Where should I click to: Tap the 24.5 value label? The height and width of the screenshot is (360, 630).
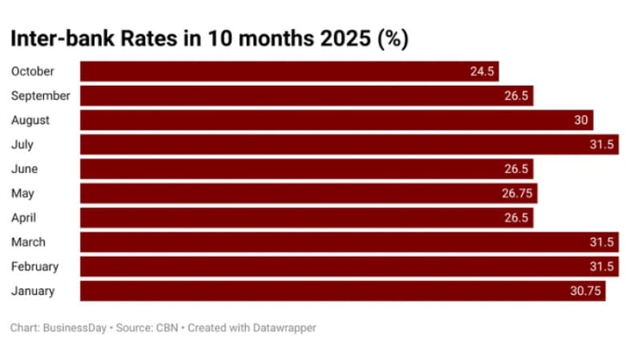tap(483, 71)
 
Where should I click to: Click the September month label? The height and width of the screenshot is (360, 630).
tap(41, 96)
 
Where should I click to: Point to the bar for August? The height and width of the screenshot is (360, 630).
tap(336, 120)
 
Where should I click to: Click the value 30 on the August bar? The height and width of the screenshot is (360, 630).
tap(581, 120)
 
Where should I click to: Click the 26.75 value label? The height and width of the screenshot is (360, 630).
tap(517, 194)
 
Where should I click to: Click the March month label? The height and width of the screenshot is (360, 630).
tap(28, 242)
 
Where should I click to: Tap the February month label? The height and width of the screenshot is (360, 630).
tap(34, 266)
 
